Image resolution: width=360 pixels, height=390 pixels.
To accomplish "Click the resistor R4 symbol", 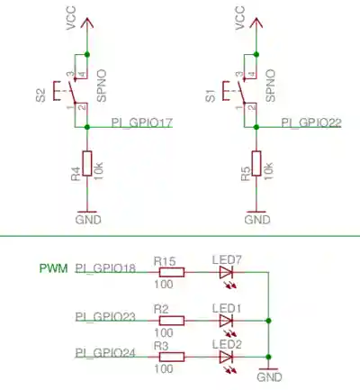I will pyautogui.click(x=87, y=164).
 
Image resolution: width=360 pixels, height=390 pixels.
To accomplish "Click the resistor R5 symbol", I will pyautogui.click(x=257, y=164).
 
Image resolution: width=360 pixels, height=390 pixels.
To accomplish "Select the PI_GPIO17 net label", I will pyautogui.click(x=142, y=122).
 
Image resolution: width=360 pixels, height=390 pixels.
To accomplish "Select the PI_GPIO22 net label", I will pyautogui.click(x=311, y=122).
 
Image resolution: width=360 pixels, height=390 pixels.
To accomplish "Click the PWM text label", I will pyautogui.click(x=52, y=268).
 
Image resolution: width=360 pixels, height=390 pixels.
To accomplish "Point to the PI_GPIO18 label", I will pyautogui.click(x=105, y=268).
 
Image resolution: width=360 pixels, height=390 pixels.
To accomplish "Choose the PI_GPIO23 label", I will pyautogui.click(x=105, y=316).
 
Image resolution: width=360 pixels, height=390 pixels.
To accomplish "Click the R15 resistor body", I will pyautogui.click(x=171, y=271).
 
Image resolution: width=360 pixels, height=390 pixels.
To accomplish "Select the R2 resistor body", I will pyautogui.click(x=171, y=320).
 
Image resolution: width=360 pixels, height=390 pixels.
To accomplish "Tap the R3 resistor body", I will pyautogui.click(x=171, y=356).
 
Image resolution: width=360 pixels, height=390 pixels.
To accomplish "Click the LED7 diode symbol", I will pyautogui.click(x=227, y=271).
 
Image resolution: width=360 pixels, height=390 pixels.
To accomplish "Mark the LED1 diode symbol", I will pyautogui.click(x=227, y=320).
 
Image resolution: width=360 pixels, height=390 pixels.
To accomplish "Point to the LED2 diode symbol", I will pyautogui.click(x=227, y=356).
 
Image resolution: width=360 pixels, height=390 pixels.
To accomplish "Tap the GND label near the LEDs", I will pyautogui.click(x=269, y=379).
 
